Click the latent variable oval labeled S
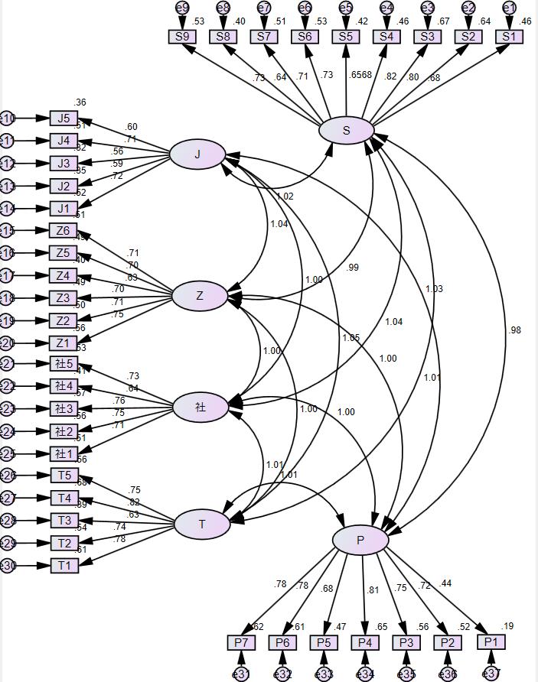pyautogui.click(x=347, y=131)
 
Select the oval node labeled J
pyautogui.click(x=197, y=154)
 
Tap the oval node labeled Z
pyautogui.click(x=200, y=296)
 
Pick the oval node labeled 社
pyautogui.click(x=201, y=408)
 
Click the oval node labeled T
pyautogui.click(x=202, y=524)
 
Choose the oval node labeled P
pyautogui.click(x=360, y=541)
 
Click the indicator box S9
pyautogui.click(x=181, y=36)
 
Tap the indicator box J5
pyautogui.click(x=64, y=118)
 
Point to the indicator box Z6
pyautogui.click(x=64, y=231)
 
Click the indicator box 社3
pyautogui.click(x=64, y=408)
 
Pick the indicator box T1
pyautogui.click(x=64, y=566)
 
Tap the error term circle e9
pyautogui.click(x=181, y=8)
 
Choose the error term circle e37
pyautogui.click(x=491, y=674)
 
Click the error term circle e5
pyautogui.click(x=345, y=8)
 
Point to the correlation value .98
pyautogui.click(x=514, y=330)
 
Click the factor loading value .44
pyautogui.click(x=445, y=583)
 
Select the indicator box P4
pyautogui.click(x=365, y=642)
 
